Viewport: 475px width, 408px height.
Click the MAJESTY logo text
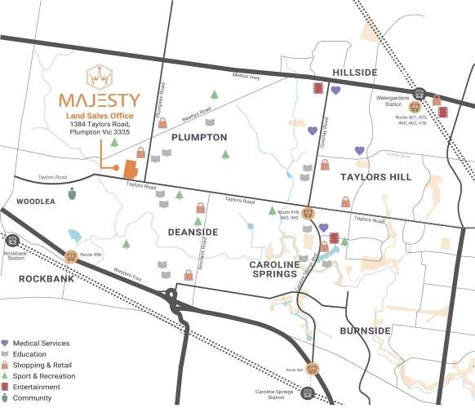100,101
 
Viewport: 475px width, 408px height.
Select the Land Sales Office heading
100,116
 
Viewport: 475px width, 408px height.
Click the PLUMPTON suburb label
199,137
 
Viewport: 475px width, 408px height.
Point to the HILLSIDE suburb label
354,73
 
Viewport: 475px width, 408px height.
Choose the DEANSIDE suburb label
193,233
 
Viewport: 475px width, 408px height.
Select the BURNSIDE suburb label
365,330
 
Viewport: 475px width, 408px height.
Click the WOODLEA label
36,201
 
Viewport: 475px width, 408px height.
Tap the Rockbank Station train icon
12,241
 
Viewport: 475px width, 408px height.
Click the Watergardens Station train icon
419,94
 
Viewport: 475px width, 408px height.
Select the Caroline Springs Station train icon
307,392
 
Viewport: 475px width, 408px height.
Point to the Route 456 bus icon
71,257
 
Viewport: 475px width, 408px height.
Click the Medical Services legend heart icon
6,344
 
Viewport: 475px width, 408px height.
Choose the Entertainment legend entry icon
6,387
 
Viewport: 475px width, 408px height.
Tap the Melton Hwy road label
245,76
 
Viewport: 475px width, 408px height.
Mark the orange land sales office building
130,170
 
